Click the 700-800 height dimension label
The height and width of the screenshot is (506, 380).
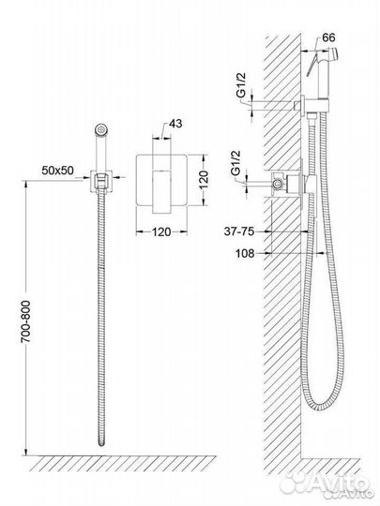pyautogui.click(x=25, y=321)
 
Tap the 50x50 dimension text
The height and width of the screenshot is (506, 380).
pyautogui.click(x=57, y=171)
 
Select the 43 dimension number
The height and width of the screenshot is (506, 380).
pyautogui.click(x=175, y=124)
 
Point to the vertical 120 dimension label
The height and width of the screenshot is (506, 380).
pyautogui.click(x=204, y=180)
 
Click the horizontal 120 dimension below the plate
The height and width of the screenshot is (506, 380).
pyautogui.click(x=161, y=231)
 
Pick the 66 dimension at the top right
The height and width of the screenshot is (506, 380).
pyautogui.click(x=328, y=37)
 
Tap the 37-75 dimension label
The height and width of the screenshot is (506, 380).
pyautogui.click(x=239, y=231)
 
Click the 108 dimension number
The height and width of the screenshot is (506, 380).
pyautogui.click(x=245, y=253)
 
